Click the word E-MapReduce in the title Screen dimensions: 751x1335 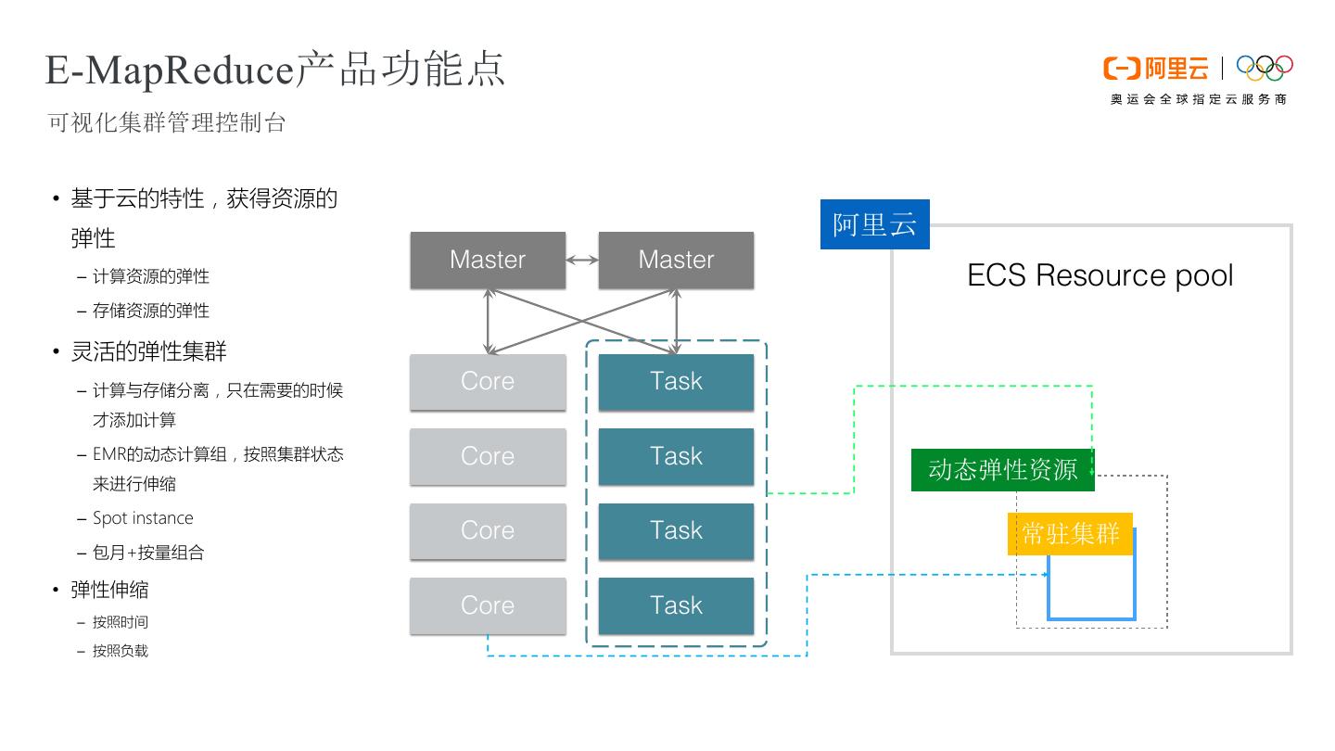pos(169,70)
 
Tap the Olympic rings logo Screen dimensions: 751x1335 pos(1265,68)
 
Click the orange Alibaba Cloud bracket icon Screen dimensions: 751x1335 pos(1121,69)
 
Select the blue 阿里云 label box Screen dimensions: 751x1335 pos(874,224)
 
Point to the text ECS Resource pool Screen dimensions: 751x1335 pos(1100,275)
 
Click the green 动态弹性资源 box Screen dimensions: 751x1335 pos(1002,470)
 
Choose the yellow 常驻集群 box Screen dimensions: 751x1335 pos(1070,534)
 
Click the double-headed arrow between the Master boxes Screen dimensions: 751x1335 pos(582,261)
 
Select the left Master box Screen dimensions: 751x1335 pos(488,260)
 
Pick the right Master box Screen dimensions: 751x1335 pos(676,260)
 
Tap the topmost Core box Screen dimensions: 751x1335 pos(488,381)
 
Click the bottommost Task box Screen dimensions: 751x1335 pos(676,605)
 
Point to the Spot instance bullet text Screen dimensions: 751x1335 pos(143,518)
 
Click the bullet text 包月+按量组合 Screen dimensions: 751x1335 pos(148,553)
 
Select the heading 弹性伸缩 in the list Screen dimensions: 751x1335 pos(109,590)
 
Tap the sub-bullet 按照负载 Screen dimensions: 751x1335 pos(121,651)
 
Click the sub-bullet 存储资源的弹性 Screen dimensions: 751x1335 pos(151,311)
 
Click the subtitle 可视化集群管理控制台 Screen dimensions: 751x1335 pos(167,122)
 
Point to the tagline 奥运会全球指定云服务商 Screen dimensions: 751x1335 pos(1198,99)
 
